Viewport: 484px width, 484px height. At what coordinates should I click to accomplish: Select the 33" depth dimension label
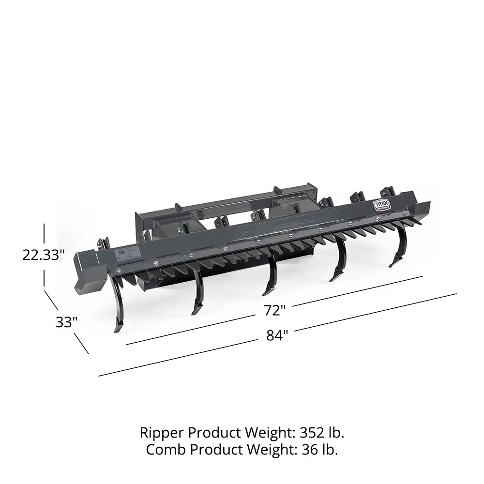tap(66, 322)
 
